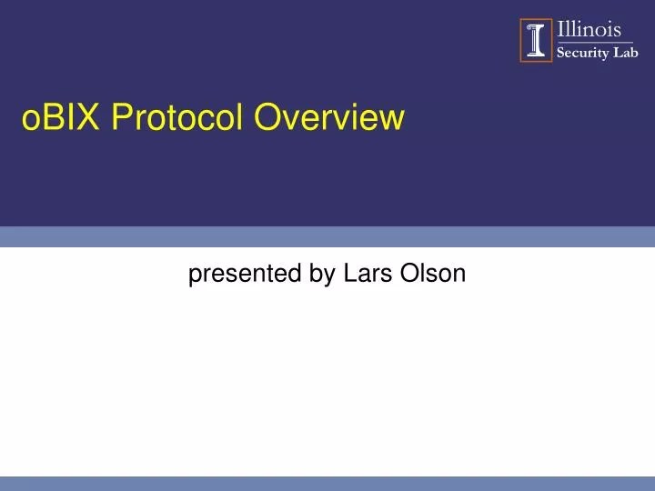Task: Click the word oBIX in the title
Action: click(62, 117)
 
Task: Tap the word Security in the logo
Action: click(585, 53)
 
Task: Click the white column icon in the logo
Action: click(537, 41)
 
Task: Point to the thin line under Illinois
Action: click(596, 42)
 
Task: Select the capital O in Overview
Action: click(266, 117)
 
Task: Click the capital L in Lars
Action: click(349, 273)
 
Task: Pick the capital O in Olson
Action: click(405, 273)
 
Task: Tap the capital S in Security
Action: click(560, 53)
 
